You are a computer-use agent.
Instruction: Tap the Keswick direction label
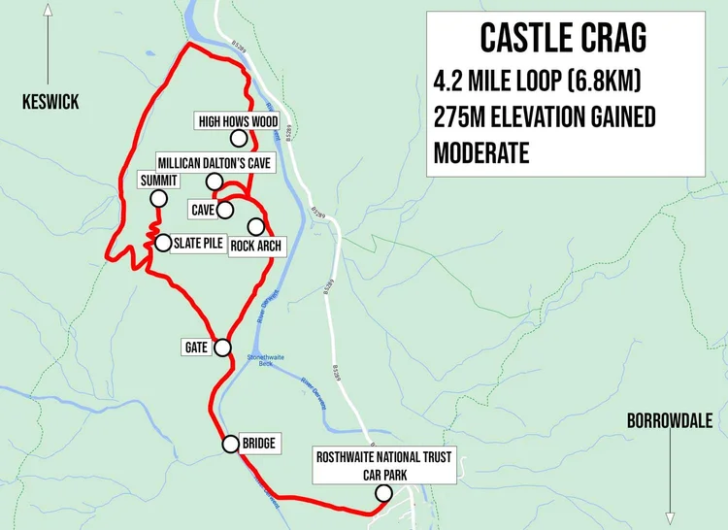click(x=51, y=102)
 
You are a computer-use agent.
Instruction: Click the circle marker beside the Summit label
click(x=157, y=199)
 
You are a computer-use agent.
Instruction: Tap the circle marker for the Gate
click(x=222, y=347)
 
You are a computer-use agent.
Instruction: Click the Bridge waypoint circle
click(x=230, y=445)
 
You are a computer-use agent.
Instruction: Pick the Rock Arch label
click(x=256, y=247)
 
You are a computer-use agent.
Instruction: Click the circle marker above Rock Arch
click(x=255, y=226)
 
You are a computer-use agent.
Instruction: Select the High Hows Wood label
click(x=238, y=121)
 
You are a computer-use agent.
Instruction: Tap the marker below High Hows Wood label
click(x=238, y=139)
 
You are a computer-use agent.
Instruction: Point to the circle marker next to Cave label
click(x=225, y=209)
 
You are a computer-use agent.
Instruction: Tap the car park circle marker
click(x=383, y=493)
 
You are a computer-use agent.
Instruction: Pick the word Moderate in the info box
click(x=481, y=152)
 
